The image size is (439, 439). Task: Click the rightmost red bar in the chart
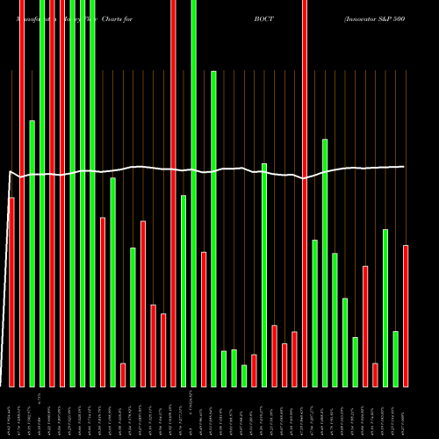(406, 315)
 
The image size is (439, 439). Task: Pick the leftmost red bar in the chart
(11, 291)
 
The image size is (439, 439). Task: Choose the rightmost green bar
(395, 358)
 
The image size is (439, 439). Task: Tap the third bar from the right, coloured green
(385, 307)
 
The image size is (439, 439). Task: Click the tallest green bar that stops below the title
(213, 228)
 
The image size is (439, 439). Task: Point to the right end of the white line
(404, 167)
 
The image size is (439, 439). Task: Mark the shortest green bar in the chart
(244, 376)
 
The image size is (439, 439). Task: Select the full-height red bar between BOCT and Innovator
(305, 193)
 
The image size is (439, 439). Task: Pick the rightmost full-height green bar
(193, 193)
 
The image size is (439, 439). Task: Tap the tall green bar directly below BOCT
(264, 274)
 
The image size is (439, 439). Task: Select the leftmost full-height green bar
(42, 193)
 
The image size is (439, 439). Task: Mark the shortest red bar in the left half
(123, 374)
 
